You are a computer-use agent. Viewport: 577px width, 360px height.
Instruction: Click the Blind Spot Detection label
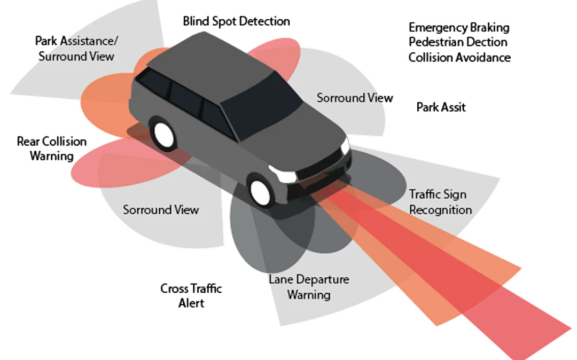(x=236, y=21)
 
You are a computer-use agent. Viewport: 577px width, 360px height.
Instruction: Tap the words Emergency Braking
(x=459, y=28)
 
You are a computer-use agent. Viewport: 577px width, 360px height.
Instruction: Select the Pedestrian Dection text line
(x=458, y=42)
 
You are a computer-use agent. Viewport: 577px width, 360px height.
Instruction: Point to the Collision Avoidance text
(x=459, y=57)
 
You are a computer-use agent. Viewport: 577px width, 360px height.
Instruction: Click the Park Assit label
(x=441, y=107)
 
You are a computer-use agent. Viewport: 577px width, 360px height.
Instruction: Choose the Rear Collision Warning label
(x=51, y=148)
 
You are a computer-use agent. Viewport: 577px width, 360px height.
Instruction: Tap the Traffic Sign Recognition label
(x=440, y=202)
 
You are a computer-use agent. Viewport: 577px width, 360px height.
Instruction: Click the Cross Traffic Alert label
(x=191, y=296)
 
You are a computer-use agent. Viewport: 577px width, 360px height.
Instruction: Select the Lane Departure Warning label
(x=309, y=287)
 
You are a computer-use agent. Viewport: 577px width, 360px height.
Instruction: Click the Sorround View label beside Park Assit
(x=355, y=98)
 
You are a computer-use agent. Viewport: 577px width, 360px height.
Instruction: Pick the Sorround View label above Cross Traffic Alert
(x=161, y=209)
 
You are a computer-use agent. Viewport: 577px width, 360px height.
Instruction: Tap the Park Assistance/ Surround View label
(x=76, y=49)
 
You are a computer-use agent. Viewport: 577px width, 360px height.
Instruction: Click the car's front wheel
(x=260, y=191)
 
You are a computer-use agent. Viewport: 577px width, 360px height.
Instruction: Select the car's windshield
(x=262, y=106)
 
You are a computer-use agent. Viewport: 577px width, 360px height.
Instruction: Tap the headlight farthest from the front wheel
(x=345, y=146)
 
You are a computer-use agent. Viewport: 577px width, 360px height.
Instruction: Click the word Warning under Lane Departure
(x=309, y=294)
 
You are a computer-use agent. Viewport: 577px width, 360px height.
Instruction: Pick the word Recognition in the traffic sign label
(x=440, y=209)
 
